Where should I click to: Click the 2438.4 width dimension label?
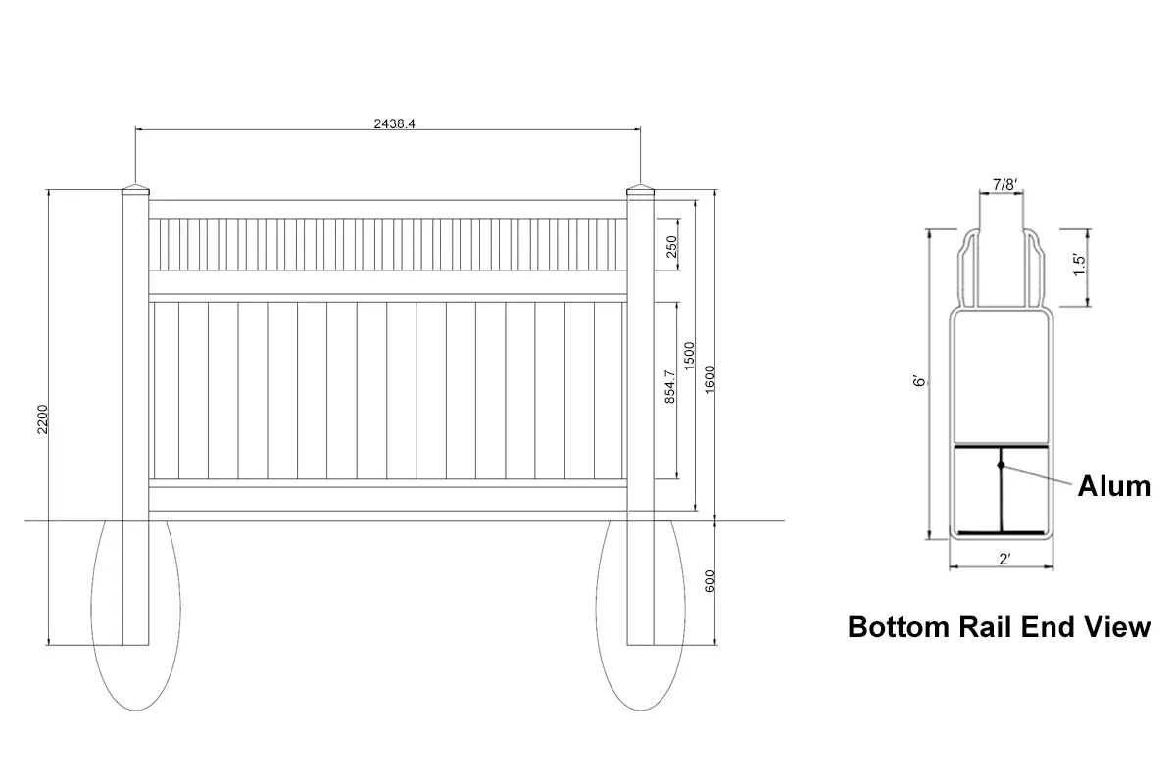(388, 123)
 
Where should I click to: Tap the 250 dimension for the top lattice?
(671, 246)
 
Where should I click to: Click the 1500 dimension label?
(689, 356)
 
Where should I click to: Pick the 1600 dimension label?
(710, 379)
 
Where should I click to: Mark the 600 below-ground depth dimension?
(710, 581)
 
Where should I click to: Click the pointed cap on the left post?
(135, 190)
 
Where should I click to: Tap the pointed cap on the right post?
(640, 190)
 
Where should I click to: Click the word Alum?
(1113, 486)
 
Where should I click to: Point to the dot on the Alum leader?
(1001, 464)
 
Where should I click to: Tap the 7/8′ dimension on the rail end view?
(1004, 184)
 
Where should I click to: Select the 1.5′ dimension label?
(1079, 267)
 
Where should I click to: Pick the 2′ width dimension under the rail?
(1004, 560)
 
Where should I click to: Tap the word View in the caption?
(1114, 627)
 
